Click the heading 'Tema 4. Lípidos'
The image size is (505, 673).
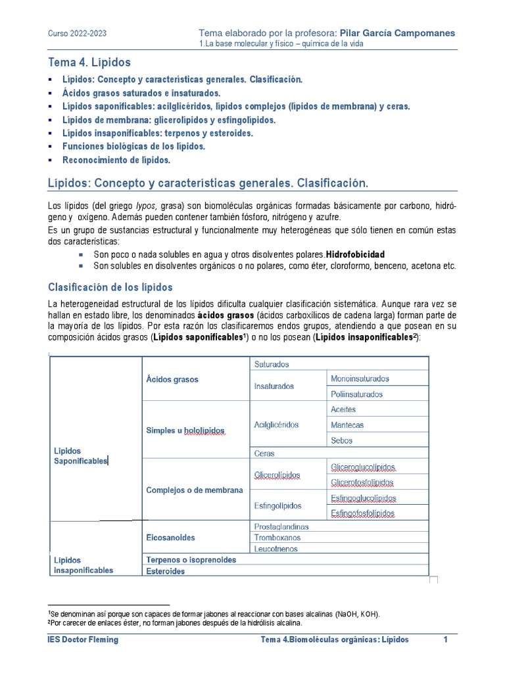pyautogui.click(x=89, y=62)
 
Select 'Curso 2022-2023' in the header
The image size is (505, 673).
pyautogui.click(x=78, y=34)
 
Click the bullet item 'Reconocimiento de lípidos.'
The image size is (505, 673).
pyautogui.click(x=116, y=160)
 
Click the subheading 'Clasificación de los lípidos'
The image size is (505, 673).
pyautogui.click(x=110, y=287)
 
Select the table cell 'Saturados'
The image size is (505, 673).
pyautogui.click(x=272, y=364)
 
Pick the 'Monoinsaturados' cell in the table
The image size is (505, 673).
pyautogui.click(x=360, y=379)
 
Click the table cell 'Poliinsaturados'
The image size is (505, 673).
pyautogui.click(x=356, y=394)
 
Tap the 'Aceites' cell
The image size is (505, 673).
pyautogui.click(x=343, y=409)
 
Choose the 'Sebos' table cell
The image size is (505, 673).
pyautogui.click(x=342, y=440)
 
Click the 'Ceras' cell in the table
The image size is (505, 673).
pyautogui.click(x=264, y=453)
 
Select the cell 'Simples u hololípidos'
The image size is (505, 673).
pyautogui.click(x=185, y=430)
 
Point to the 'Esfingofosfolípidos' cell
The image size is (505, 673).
pyautogui.click(x=363, y=513)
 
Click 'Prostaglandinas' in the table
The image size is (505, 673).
pyautogui.click(x=281, y=526)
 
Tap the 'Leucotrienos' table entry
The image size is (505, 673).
pyautogui.click(x=276, y=549)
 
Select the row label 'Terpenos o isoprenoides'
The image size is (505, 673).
pyautogui.click(x=191, y=560)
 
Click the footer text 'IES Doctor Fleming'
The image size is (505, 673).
pyautogui.click(x=84, y=639)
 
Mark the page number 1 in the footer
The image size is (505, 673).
pyautogui.click(x=445, y=639)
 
